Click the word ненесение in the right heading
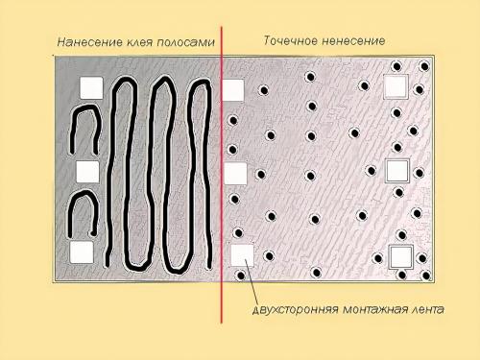pos(353,41)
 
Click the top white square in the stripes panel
pos(90,86)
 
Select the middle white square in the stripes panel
pos(87,171)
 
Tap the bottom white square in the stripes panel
pos(83,252)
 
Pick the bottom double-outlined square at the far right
pos(399,257)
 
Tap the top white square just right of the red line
pos(233,90)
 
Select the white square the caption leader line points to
pos(241,255)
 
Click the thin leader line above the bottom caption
pos(252,284)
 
